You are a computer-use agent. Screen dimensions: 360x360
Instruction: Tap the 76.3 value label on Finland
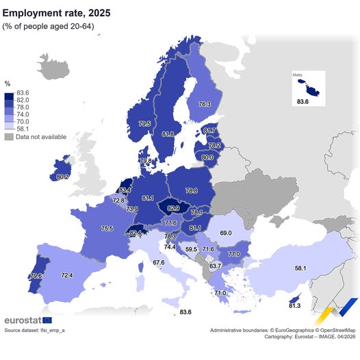204,105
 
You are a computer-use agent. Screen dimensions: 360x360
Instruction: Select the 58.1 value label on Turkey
299,268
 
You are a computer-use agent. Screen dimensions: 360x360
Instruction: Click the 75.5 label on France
107,229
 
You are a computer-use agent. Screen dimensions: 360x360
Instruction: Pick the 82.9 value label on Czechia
173,207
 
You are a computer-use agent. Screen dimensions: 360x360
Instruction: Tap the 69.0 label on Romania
225,233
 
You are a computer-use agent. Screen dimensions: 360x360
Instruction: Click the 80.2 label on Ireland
62,177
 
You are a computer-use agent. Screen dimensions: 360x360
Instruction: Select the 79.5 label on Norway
144,124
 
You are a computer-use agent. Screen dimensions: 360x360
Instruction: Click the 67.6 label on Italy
159,262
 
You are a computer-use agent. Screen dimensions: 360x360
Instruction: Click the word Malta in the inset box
298,75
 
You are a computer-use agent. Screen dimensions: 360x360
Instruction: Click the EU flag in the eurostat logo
47,320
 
